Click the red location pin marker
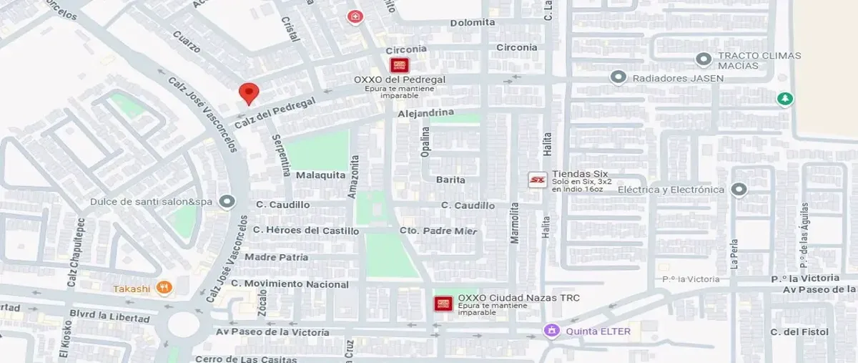(248, 92)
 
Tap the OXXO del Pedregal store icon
(400, 65)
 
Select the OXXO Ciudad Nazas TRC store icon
(443, 304)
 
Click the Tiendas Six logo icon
(538, 180)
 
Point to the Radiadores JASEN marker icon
(618, 77)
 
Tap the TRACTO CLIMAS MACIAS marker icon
(704, 59)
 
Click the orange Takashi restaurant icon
(164, 288)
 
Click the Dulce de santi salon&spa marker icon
(227, 202)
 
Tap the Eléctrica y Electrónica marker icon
(739, 190)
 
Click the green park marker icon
(786, 98)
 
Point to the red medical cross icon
(354, 16)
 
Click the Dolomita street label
(473, 22)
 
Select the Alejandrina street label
(425, 113)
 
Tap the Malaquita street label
(320, 175)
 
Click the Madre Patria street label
(277, 257)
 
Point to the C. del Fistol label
(799, 331)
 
